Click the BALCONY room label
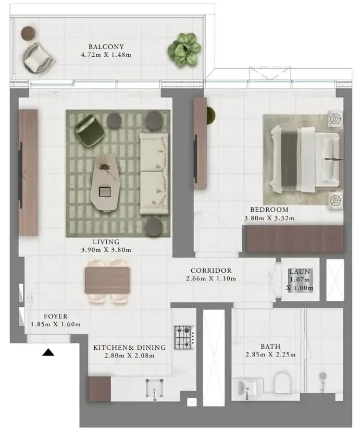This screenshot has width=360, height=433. point(106,47)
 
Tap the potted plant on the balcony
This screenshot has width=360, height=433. point(184,50)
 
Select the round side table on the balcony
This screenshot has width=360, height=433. point(28,33)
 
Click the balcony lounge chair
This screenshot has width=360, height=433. point(38,58)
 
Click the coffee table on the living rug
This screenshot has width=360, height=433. point(105,183)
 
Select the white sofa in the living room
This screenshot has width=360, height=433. point(154,173)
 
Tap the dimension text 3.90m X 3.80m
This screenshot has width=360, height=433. point(106,250)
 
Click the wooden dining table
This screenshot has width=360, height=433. point(107,280)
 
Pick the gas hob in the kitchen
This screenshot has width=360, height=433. point(183,337)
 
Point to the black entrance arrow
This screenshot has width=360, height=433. point(48,352)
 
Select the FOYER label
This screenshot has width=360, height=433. point(56,316)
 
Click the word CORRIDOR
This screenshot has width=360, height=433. point(211,270)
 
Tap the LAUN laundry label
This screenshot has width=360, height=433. point(300,272)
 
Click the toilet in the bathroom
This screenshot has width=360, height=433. point(282,382)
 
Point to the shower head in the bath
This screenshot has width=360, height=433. point(322,376)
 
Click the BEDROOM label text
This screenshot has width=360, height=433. point(269,210)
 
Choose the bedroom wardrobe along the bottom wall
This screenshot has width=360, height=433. point(295,239)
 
